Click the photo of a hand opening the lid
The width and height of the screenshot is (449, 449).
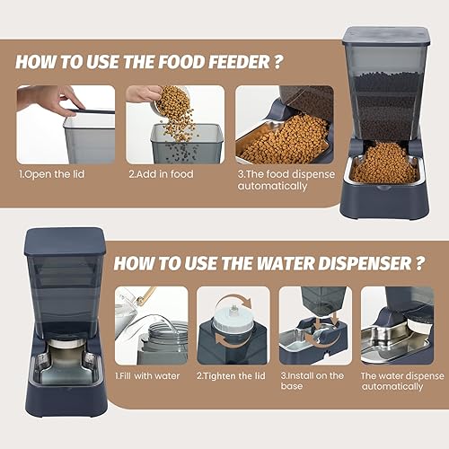[x=66, y=125]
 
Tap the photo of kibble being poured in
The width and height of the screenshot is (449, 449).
[x=174, y=125]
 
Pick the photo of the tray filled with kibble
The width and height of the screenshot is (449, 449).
[x=283, y=125]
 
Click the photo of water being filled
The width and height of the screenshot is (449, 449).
[x=151, y=324]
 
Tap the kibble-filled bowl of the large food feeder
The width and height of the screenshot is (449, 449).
[x=383, y=165]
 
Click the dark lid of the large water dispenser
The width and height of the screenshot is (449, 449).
[x=64, y=241]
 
